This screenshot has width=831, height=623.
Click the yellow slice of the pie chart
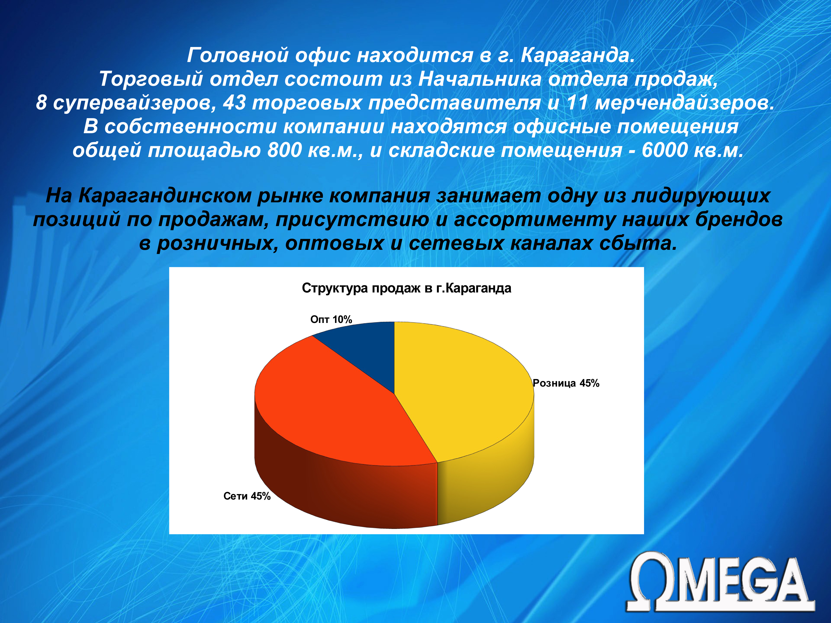tap(462, 391)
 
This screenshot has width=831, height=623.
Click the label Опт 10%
tap(331, 319)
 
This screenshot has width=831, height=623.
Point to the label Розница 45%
tap(566, 383)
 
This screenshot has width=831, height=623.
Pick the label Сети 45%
tap(247, 496)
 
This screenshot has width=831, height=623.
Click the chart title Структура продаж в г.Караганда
tap(407, 288)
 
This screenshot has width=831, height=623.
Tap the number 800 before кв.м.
tap(284, 150)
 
